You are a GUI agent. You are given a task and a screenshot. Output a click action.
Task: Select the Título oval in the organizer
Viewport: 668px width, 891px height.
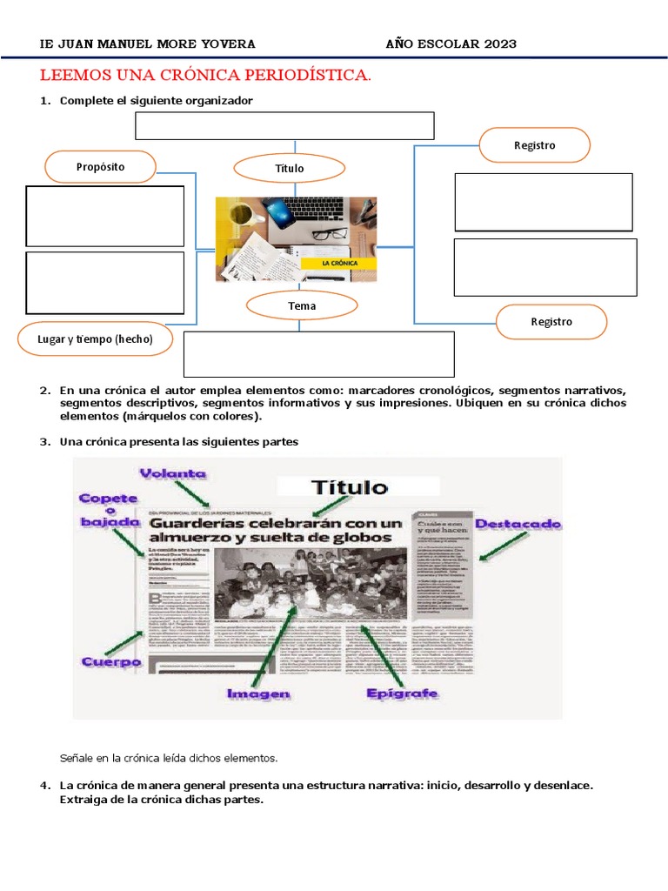[x=290, y=168]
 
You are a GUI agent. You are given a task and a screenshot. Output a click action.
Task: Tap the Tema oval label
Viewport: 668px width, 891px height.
[x=302, y=305]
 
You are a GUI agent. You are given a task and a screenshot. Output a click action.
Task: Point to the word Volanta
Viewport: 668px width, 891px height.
[x=177, y=473]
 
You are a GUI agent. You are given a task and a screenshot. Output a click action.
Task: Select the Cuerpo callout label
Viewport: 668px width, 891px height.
[x=111, y=662]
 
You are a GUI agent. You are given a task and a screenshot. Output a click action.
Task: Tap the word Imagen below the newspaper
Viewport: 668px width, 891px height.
[x=257, y=693]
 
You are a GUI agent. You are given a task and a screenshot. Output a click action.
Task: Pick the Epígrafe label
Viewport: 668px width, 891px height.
[x=402, y=693]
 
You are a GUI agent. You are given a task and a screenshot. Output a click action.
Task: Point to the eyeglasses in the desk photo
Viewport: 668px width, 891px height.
[x=328, y=232]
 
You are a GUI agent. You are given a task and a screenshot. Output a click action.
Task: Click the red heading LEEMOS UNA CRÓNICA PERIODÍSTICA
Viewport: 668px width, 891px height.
[x=206, y=77]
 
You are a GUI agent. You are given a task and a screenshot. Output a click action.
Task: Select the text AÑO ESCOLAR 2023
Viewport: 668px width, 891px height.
[x=451, y=44]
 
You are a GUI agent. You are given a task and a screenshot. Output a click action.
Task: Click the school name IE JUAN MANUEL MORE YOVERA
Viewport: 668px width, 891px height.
[x=149, y=44]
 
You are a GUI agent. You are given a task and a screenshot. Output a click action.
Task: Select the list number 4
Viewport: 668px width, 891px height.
[x=43, y=785]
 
